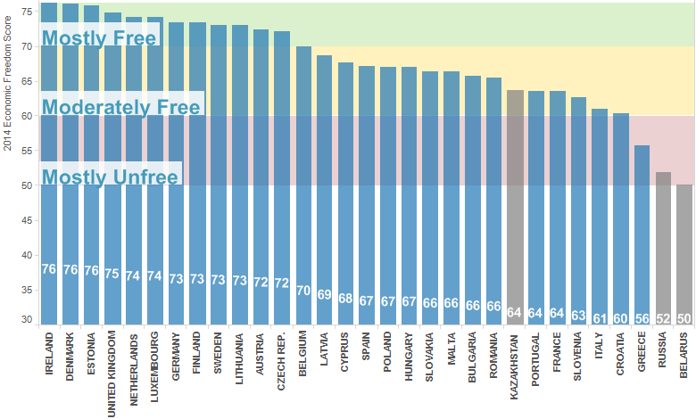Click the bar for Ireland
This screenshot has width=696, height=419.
coord(49,178)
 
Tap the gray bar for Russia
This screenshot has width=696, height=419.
coord(664,250)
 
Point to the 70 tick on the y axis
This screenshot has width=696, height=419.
coord(27,46)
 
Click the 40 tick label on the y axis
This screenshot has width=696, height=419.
coord(27,255)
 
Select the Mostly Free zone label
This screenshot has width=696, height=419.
coord(99,38)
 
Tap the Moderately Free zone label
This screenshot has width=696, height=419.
coord(120,107)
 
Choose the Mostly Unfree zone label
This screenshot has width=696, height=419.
coord(110,177)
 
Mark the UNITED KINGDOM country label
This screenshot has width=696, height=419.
coord(112,367)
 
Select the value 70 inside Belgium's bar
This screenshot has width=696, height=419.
coord(303,291)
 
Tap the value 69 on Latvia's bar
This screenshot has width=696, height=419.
coord(325,294)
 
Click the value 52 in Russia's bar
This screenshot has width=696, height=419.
coord(664,318)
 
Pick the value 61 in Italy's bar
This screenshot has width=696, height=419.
coord(600,317)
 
